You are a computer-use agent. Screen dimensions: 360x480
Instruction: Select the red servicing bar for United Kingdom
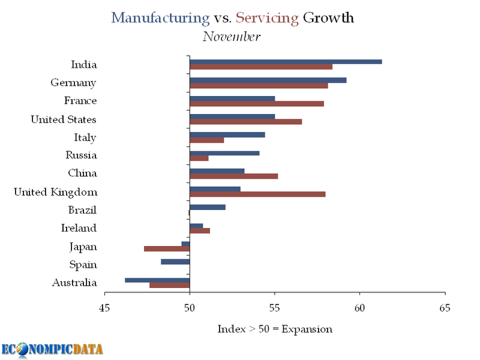tap(257, 194)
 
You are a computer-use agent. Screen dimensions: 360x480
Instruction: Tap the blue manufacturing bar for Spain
tap(175, 262)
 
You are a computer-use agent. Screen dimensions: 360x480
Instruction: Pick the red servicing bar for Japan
tap(167, 248)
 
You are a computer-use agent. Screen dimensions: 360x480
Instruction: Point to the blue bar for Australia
tap(157, 280)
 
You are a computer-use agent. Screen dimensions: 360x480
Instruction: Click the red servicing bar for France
tap(257, 103)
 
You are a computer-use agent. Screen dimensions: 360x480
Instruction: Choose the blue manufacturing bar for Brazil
tap(208, 207)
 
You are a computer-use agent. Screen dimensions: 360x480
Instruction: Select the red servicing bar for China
tap(234, 176)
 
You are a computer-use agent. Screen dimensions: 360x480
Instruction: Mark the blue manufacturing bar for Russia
tap(224, 153)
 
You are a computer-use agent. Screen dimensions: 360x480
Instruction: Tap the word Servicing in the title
tap(267, 17)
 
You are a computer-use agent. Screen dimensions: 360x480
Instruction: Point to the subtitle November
tap(231, 37)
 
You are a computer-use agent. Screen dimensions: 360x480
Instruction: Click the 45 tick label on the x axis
tap(105, 308)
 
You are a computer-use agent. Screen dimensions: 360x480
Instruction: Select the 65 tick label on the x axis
tap(445, 308)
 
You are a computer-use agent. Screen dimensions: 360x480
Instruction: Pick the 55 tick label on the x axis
tap(275, 308)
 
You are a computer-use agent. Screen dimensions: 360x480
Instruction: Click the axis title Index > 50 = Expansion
tap(274, 329)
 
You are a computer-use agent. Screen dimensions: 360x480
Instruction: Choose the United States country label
tap(64, 119)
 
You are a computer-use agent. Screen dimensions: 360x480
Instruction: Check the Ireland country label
tap(79, 228)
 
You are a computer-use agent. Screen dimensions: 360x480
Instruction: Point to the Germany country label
tap(73, 83)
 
